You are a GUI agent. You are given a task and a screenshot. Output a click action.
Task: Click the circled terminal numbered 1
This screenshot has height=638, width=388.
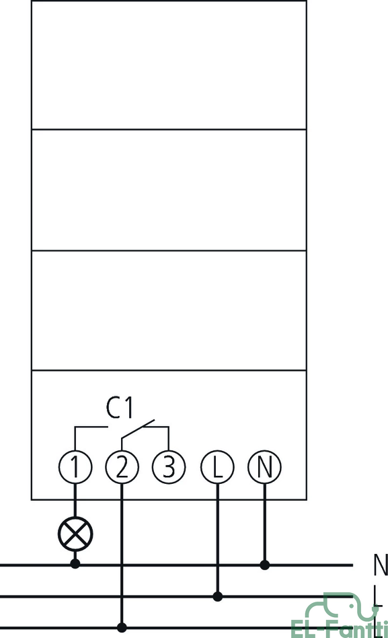tap(75, 466)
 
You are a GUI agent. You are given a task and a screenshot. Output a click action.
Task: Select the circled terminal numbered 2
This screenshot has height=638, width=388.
tap(122, 466)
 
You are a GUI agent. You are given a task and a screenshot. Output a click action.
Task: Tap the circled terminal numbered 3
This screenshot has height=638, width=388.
tap(169, 466)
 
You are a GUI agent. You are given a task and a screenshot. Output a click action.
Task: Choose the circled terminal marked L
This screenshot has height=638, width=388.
tap(217, 466)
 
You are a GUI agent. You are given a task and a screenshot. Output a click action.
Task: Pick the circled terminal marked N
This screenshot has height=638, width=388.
tap(264, 466)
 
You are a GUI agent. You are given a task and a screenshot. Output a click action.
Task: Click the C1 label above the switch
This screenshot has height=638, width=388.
tap(120, 407)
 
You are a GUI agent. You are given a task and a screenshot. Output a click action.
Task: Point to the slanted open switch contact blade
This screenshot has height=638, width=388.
tap(138, 429)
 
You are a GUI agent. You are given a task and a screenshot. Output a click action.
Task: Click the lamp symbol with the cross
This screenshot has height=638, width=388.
tap(75, 534)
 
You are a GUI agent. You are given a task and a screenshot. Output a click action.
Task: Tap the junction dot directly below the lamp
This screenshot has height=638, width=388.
tap(75, 563)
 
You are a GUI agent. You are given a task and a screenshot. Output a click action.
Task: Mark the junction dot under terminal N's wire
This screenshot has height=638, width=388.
tap(265, 565)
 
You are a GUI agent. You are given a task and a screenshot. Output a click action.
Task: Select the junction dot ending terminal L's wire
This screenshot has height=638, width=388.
tap(218, 597)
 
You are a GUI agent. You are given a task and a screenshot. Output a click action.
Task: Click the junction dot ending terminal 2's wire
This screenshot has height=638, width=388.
tap(122, 627)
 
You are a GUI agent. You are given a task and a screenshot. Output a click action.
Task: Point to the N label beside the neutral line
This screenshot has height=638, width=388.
tap(381, 565)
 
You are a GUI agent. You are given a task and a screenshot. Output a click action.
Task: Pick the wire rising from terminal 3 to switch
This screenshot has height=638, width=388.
tap(168, 439)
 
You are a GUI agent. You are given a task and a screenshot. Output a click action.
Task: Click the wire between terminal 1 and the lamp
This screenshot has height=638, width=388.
tap(75, 500)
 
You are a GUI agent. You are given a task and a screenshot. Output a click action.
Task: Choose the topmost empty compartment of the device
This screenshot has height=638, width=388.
tap(169, 65)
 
